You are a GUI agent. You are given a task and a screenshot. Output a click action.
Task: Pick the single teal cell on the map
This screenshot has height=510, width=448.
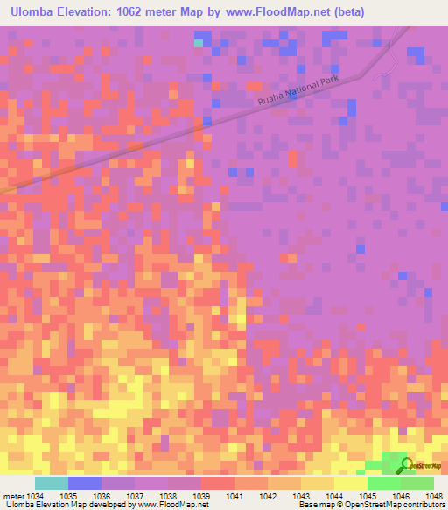(x=199, y=42)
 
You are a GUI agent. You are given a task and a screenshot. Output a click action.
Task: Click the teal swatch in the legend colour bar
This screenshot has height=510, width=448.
(x=51, y=483)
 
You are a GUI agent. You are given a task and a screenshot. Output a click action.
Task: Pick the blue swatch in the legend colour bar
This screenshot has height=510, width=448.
(x=84, y=483)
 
